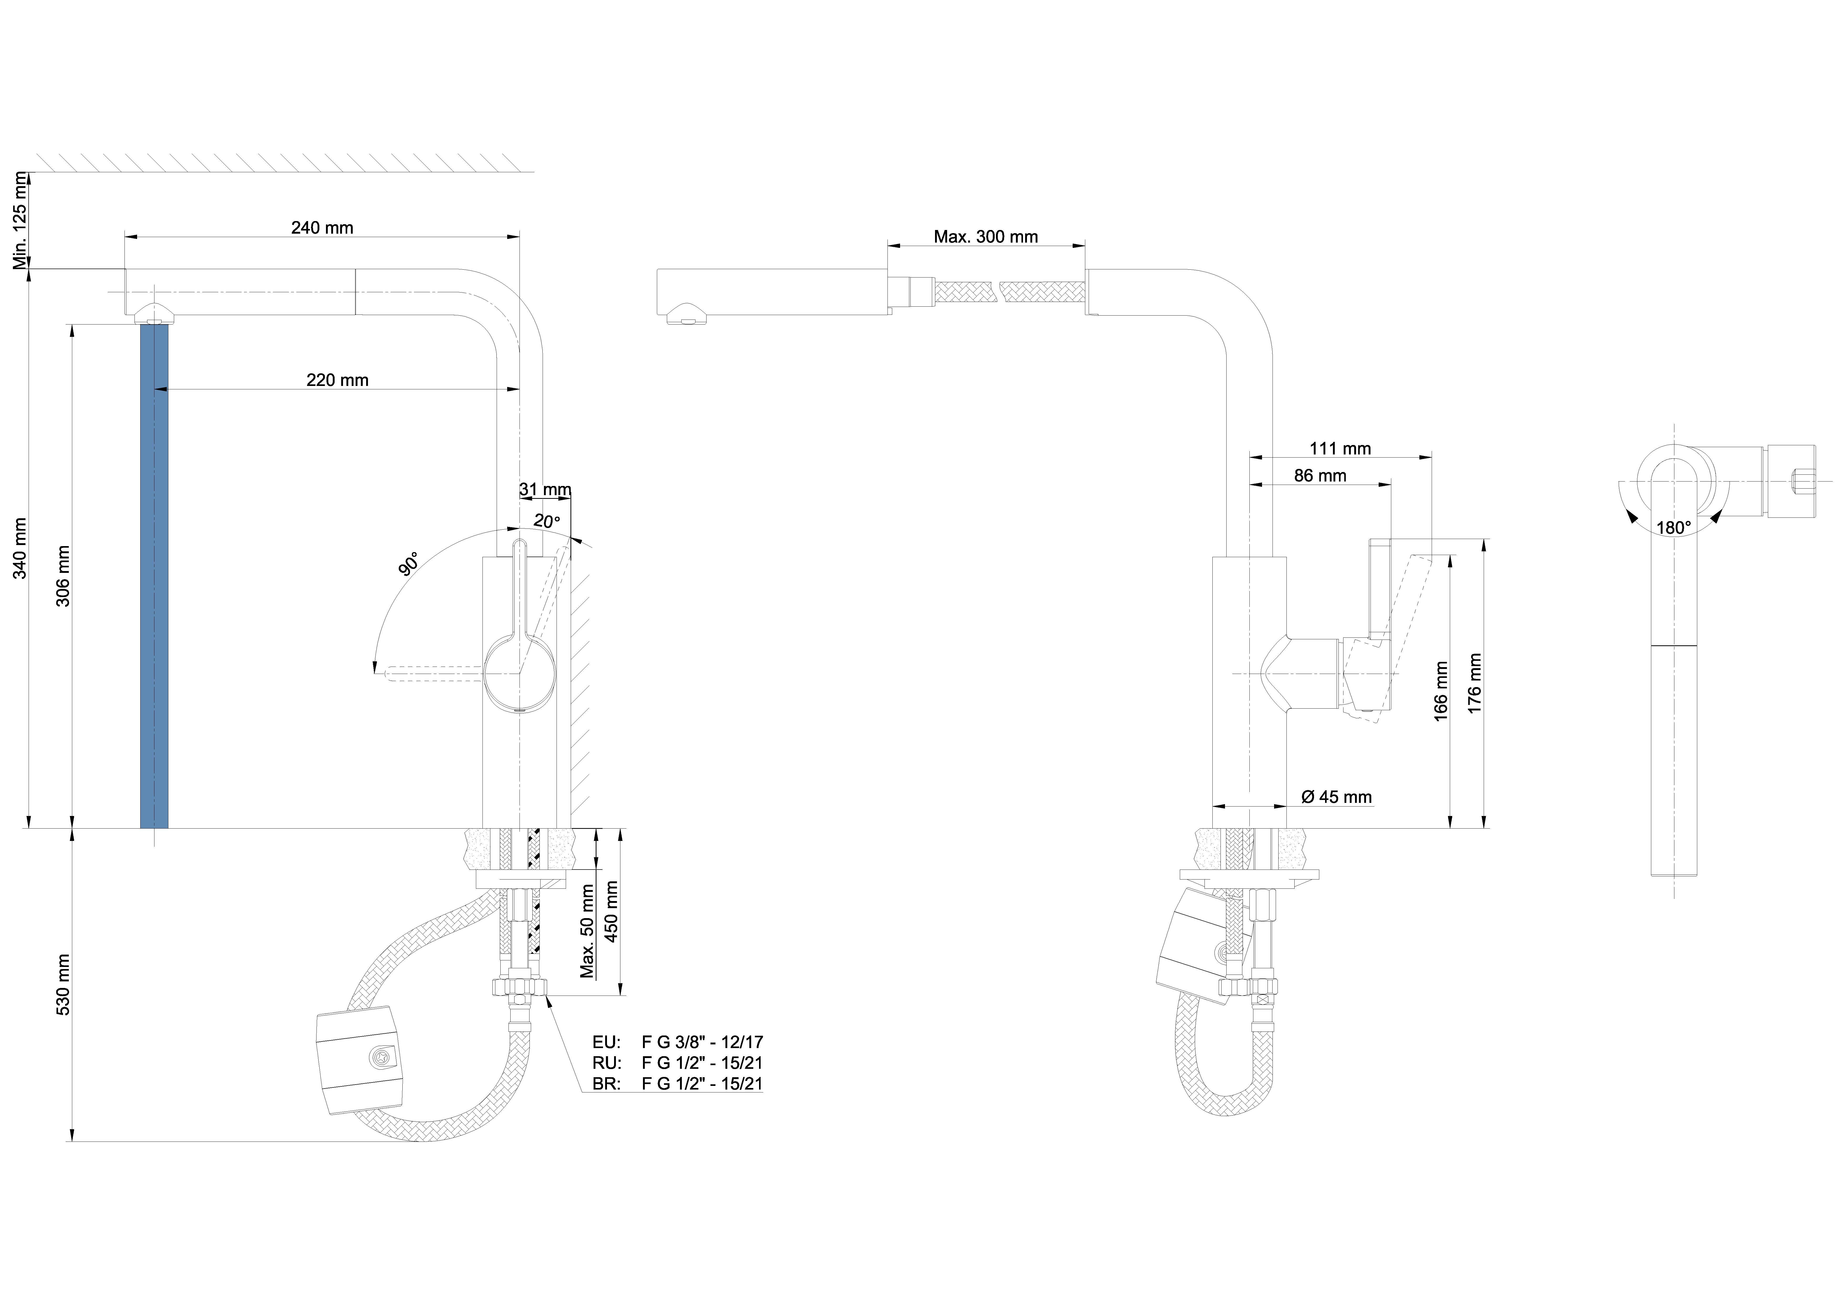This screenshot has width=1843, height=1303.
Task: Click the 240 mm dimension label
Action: click(322, 228)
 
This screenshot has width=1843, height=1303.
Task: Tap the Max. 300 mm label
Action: click(986, 237)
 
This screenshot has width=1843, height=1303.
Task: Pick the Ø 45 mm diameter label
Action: click(1337, 797)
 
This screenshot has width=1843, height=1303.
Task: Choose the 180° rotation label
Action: click(1674, 528)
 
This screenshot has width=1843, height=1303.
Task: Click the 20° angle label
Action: click(547, 521)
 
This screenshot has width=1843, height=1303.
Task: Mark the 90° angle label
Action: click(409, 564)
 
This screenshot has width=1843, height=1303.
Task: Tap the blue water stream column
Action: click(154, 575)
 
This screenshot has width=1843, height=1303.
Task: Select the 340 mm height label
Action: click(20, 548)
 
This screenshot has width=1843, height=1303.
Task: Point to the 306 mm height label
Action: click(63, 576)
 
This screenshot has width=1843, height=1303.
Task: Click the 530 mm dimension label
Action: click(63, 985)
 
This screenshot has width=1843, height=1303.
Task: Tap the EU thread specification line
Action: click(677, 1042)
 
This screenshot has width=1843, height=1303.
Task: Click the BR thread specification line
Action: click(677, 1084)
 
